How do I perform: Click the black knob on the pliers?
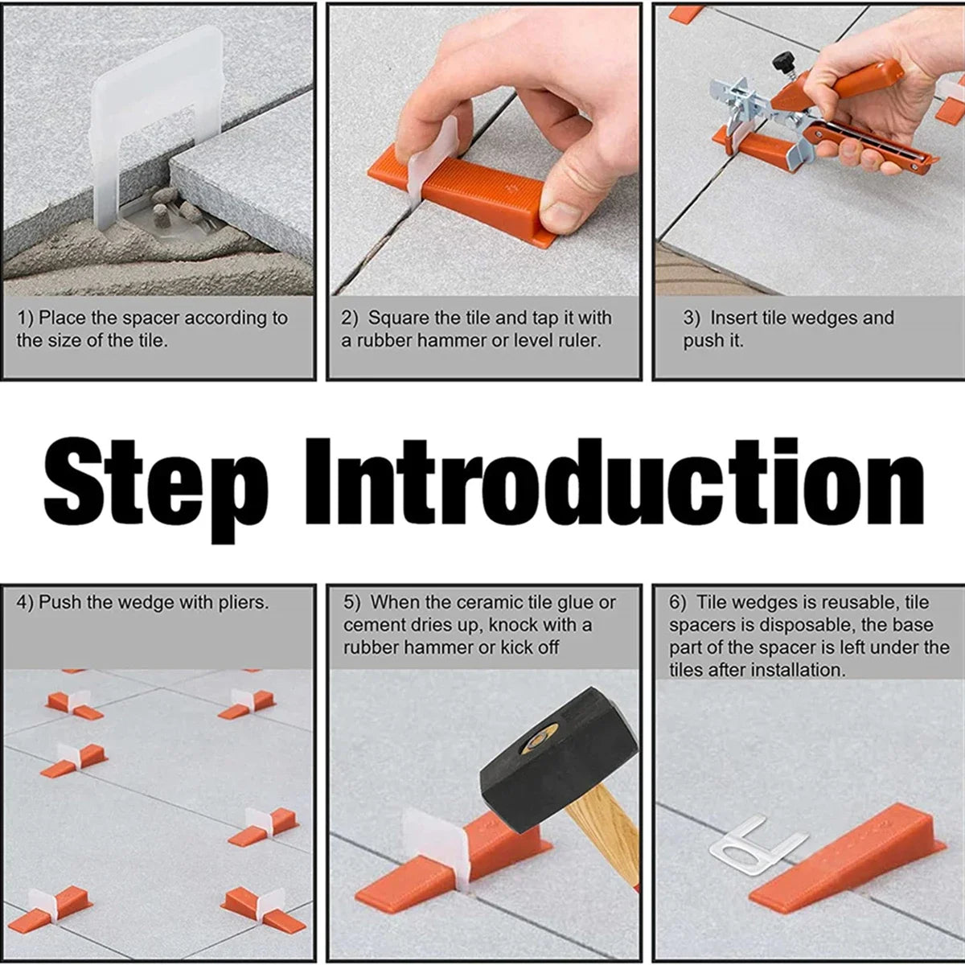779,61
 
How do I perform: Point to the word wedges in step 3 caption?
823,318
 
